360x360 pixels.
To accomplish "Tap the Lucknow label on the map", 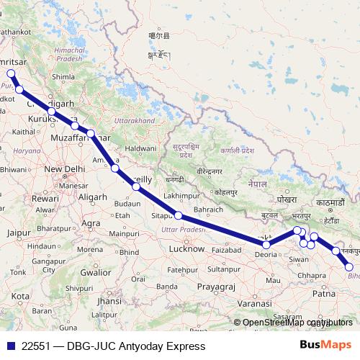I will coord(186,248).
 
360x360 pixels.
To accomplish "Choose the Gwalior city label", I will coord(95,273).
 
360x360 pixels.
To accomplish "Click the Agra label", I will coord(91,223).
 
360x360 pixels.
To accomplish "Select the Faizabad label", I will coord(228,249).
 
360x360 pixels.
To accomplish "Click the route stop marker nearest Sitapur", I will coord(177,216).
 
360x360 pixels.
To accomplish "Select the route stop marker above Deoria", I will coord(266,245).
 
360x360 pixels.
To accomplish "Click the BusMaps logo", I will coord(324,346).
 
